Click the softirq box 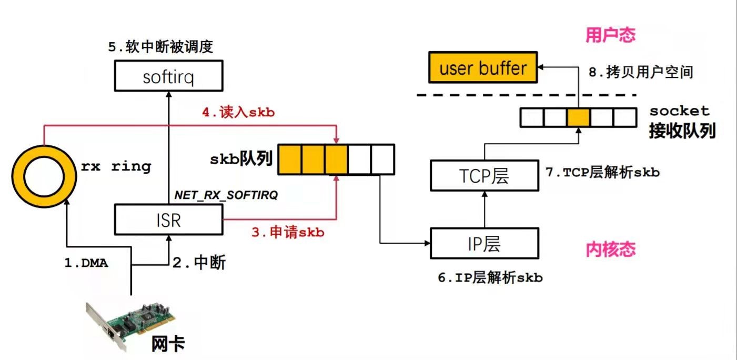168,77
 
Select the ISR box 168,220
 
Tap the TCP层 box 484,175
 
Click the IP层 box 484,244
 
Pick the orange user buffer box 482,68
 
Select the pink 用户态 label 610,35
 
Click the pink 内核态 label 610,249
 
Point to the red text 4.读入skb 238,113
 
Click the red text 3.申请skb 287,232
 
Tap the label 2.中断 199,263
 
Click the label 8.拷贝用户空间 640,73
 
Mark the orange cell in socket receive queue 578,117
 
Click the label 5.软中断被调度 160,47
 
